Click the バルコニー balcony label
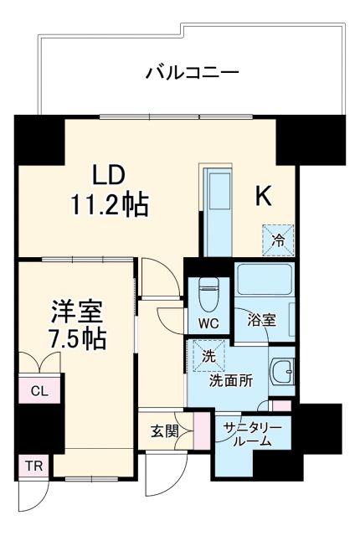[193, 73]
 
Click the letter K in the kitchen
[263, 196]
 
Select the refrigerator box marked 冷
[279, 240]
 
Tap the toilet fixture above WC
[208, 294]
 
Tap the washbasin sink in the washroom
[284, 371]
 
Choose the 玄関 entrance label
[164, 431]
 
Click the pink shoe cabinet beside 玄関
[201, 430]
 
